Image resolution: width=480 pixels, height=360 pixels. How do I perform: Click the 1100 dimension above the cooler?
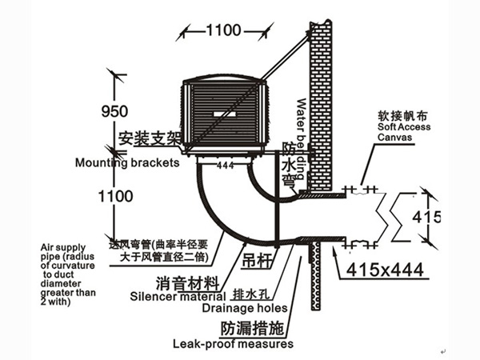[x=223, y=31]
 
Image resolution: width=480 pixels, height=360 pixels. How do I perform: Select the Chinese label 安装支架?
[x=153, y=138]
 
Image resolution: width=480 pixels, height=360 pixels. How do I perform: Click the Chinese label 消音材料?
[x=185, y=282]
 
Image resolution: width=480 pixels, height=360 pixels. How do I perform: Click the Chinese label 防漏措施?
[x=249, y=328]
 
